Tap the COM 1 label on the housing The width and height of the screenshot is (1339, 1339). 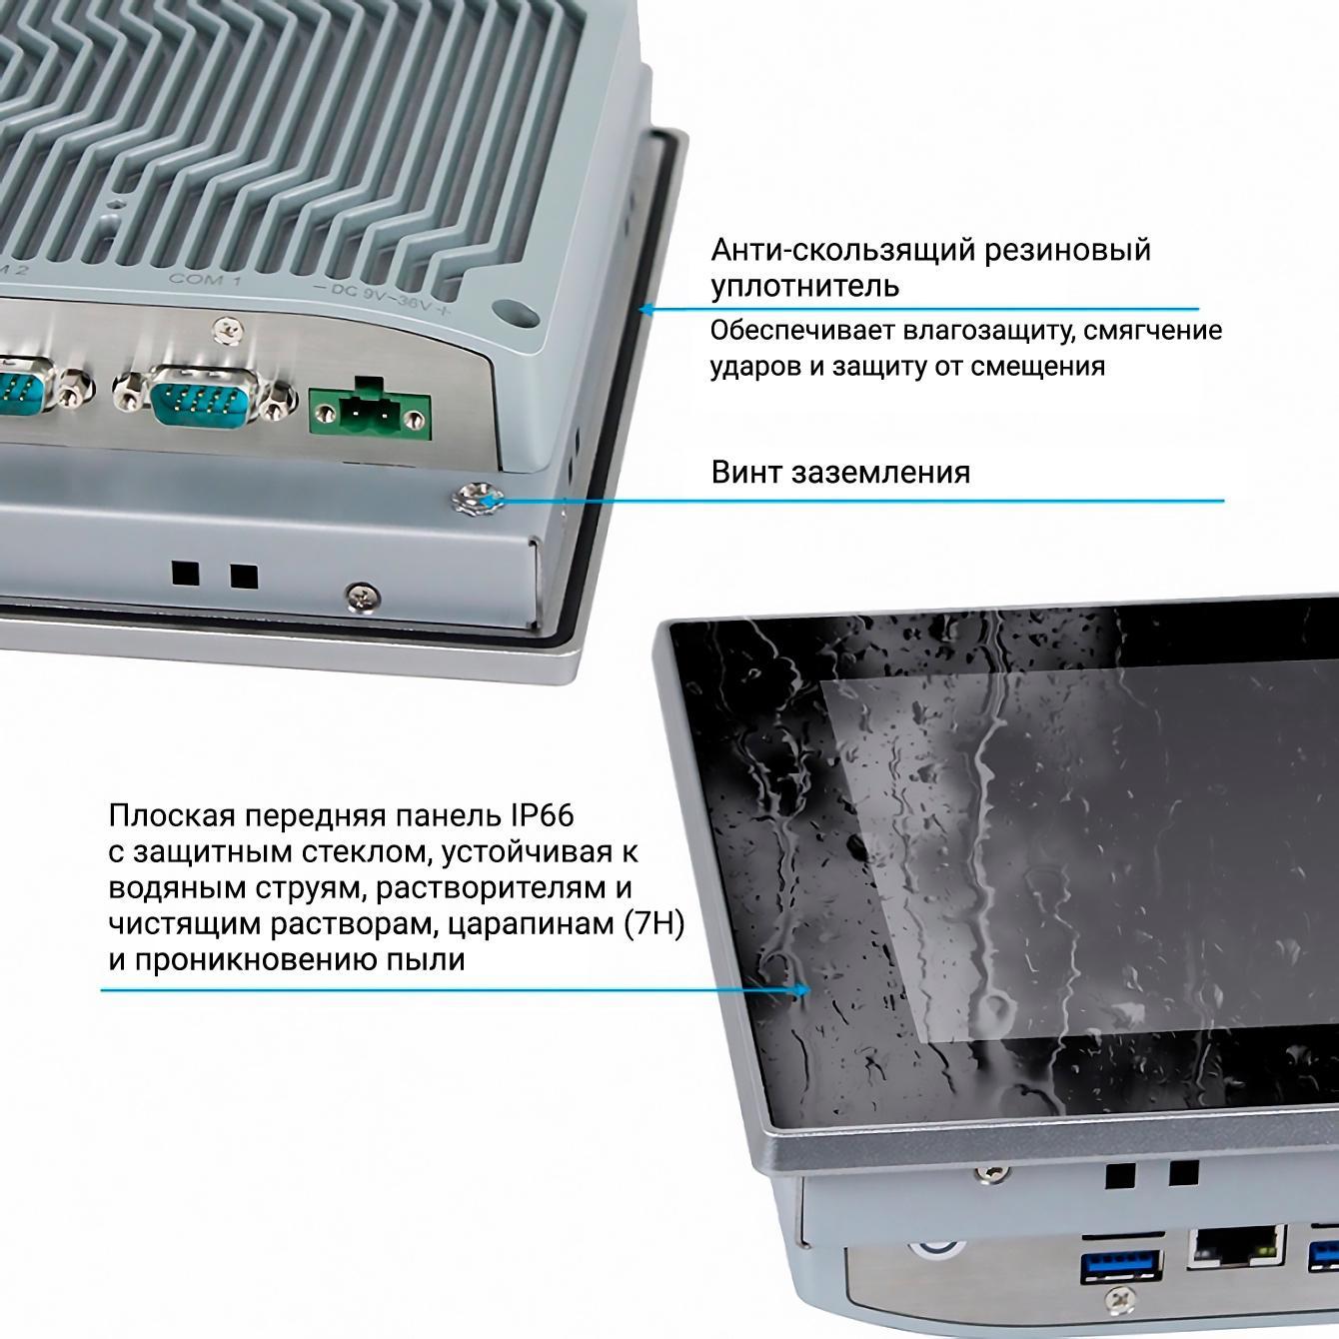(206, 280)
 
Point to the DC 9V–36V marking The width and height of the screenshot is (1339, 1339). (382, 298)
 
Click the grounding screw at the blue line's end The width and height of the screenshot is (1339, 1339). (478, 500)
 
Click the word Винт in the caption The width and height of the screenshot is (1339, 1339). (746, 473)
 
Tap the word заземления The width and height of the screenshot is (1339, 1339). (880, 474)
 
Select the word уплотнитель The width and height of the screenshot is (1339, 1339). (805, 286)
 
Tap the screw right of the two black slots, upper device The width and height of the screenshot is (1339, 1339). (363, 596)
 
